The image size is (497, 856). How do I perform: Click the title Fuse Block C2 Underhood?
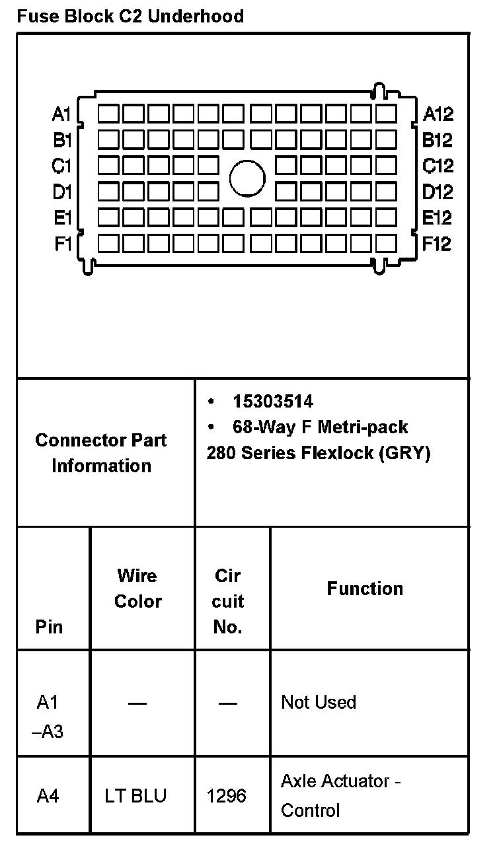coord(130,16)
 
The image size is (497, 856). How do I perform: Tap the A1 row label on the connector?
coord(61,114)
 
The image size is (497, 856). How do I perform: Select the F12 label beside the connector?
coord(437,244)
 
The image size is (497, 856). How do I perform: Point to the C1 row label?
coord(61,166)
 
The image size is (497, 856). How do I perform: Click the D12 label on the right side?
coord(438,192)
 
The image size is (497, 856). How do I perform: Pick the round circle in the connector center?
coord(248,178)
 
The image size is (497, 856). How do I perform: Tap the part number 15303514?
coord(272,402)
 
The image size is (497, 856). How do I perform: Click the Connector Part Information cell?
coord(101,452)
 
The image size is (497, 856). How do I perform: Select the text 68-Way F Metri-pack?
coord(320,427)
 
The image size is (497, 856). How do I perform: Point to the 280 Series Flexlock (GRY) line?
coord(318,454)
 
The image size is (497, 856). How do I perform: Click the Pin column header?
coord(50,626)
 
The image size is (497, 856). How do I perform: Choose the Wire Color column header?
coord(137,588)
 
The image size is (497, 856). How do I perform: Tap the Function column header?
coord(365,588)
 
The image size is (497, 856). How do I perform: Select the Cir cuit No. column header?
coord(228,601)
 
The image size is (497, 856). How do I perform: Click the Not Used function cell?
coord(319,702)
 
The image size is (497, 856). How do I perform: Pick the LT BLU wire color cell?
coord(135,796)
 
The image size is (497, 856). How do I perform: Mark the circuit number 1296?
coord(227,796)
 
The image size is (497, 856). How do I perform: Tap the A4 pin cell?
coord(48,796)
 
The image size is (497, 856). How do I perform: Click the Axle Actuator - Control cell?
coord(340,795)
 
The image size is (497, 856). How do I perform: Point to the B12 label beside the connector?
coord(437,140)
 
